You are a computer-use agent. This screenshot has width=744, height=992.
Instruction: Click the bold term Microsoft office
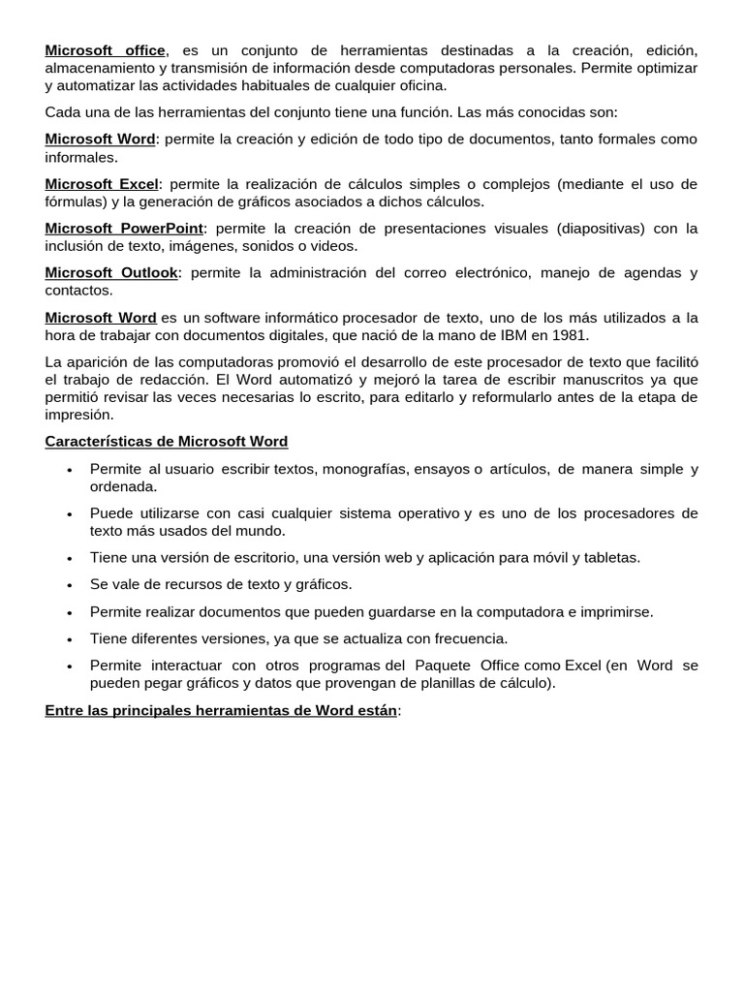(x=106, y=50)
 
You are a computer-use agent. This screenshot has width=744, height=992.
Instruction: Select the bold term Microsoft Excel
(x=102, y=184)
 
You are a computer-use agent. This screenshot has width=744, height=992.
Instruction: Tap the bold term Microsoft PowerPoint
(x=124, y=229)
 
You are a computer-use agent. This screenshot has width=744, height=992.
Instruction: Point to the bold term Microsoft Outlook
(x=111, y=273)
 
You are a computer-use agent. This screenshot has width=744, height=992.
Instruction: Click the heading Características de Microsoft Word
(x=167, y=442)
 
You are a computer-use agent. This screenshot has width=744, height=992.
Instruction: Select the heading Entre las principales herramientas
(x=221, y=710)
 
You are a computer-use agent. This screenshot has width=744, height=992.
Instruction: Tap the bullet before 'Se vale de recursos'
(x=69, y=586)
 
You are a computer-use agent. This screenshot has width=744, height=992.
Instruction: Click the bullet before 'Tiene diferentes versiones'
(x=69, y=640)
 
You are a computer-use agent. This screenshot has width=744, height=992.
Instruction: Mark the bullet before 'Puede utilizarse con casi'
(x=69, y=514)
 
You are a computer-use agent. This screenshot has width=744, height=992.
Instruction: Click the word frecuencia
(x=469, y=638)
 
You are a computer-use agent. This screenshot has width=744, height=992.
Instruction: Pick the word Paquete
(x=443, y=666)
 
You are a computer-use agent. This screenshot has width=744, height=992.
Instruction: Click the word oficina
(x=418, y=85)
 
